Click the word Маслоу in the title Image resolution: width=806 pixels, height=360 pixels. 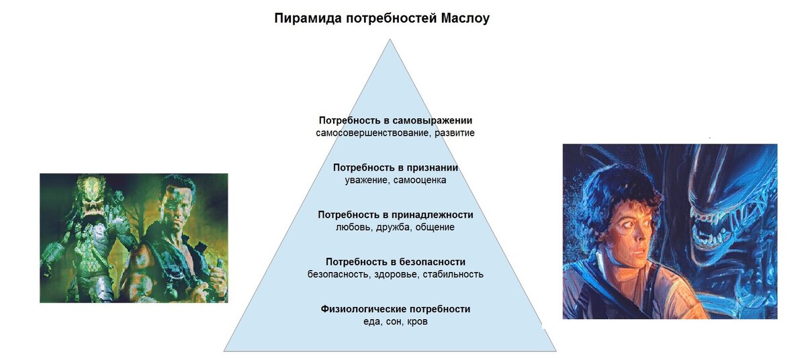(x=465, y=18)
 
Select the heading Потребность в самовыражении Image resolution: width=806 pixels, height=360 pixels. (x=396, y=120)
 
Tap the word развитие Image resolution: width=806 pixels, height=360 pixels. (x=455, y=133)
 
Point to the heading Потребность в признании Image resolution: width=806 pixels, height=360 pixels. (x=396, y=167)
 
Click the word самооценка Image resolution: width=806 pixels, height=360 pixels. (x=420, y=180)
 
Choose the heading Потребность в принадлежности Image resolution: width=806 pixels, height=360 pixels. (x=396, y=214)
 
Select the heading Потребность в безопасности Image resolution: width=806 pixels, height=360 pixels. (x=396, y=261)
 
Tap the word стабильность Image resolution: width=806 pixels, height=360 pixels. (x=453, y=274)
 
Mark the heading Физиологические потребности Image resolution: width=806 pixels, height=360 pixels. (x=396, y=309)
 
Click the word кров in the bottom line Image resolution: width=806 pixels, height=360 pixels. (x=417, y=322)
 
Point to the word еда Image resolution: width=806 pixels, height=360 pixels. (x=371, y=322)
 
